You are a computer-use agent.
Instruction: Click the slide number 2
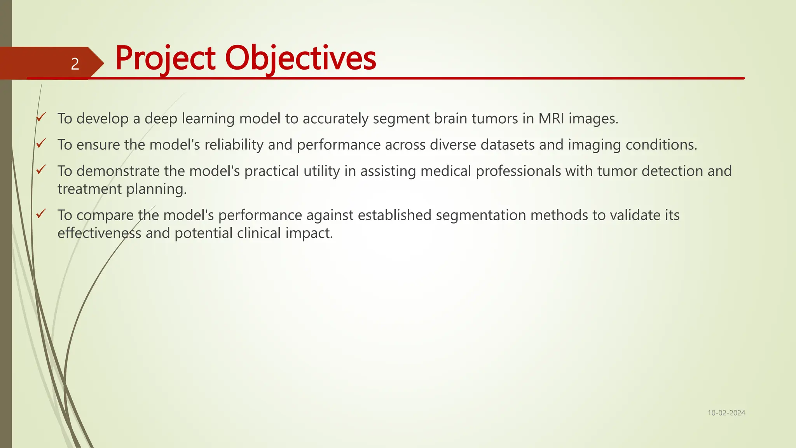coord(75,64)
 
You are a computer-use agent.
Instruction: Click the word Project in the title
coord(165,58)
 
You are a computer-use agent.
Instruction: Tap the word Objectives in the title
coord(300,58)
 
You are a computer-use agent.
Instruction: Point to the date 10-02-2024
coord(726,413)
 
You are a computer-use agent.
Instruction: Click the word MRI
coord(551,118)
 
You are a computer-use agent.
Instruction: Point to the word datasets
coord(508,145)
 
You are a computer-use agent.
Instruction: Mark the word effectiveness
coord(99,233)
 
